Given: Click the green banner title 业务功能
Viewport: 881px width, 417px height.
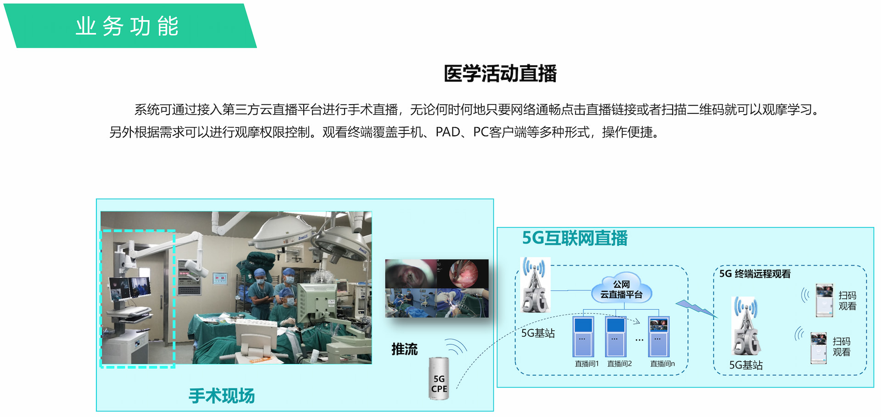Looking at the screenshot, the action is (127, 26).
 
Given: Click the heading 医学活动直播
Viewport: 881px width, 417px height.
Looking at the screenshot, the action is (500, 73).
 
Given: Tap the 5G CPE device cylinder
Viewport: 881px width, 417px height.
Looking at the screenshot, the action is (439, 379).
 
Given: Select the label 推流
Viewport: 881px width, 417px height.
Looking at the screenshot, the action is (404, 349).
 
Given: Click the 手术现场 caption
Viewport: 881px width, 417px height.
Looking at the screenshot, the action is (222, 395).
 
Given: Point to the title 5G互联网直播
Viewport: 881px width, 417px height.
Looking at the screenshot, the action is (574, 238).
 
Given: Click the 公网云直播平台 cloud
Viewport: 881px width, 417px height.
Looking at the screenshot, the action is (621, 289).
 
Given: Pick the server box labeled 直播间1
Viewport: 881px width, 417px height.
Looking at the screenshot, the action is (583, 337).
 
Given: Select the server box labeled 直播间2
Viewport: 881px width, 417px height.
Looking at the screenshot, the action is (616, 337).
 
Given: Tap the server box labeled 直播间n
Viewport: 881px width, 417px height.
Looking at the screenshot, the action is (658, 337).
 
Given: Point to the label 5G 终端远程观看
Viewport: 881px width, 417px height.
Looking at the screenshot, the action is (755, 274).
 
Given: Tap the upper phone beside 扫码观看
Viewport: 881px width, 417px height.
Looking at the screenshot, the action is (824, 300).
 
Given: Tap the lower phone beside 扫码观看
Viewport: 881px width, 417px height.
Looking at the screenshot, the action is (818, 348).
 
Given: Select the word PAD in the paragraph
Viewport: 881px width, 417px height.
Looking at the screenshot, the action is (448, 132).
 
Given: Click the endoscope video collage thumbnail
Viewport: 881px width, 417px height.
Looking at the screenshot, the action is (437, 288).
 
